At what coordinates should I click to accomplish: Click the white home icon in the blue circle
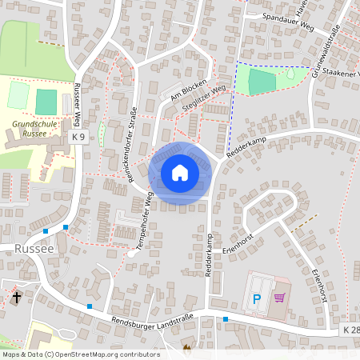(180, 173)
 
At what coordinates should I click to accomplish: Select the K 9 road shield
(78, 138)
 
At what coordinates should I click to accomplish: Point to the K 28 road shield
(350, 330)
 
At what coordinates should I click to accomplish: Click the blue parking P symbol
(257, 299)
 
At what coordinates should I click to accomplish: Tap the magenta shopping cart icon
(279, 298)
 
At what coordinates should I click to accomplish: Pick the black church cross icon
(16, 298)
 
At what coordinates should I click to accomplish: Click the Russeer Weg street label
(78, 103)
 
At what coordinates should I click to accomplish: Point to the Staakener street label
(341, 74)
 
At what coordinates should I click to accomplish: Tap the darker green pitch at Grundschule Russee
(46, 102)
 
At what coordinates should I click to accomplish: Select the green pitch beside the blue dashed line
(261, 81)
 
